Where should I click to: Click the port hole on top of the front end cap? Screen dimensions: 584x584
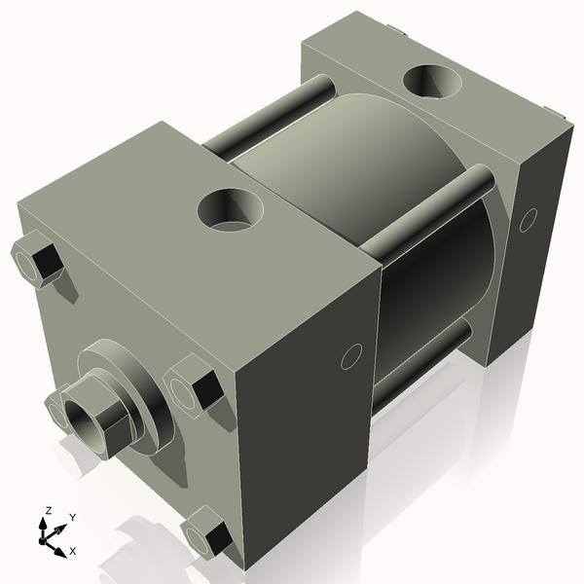(231, 209)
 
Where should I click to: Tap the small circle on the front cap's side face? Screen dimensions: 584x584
(352, 357)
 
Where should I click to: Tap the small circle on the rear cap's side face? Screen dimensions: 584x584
(528, 220)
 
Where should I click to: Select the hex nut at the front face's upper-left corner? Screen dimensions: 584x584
(37, 260)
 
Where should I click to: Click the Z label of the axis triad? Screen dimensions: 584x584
(48, 510)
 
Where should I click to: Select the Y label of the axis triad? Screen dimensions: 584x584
(72, 517)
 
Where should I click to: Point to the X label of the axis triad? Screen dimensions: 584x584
(72, 551)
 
